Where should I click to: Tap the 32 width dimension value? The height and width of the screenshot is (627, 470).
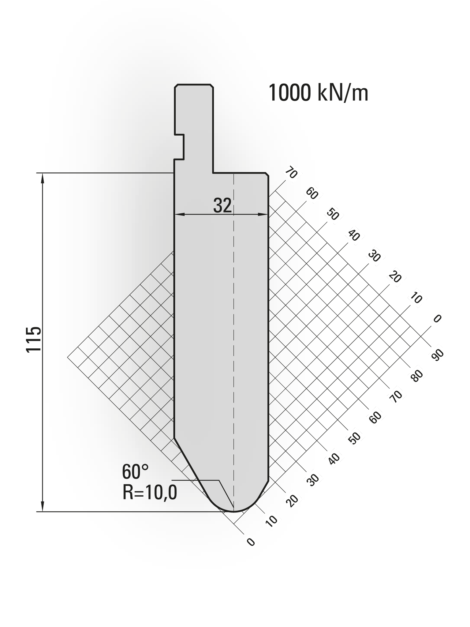click(x=222, y=205)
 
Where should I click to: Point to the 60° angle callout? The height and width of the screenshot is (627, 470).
click(x=135, y=472)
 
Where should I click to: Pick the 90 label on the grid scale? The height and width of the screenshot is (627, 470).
click(x=437, y=355)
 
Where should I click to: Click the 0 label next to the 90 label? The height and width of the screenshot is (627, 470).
click(x=437, y=319)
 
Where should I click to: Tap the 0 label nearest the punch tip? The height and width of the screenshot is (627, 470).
click(x=251, y=542)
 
